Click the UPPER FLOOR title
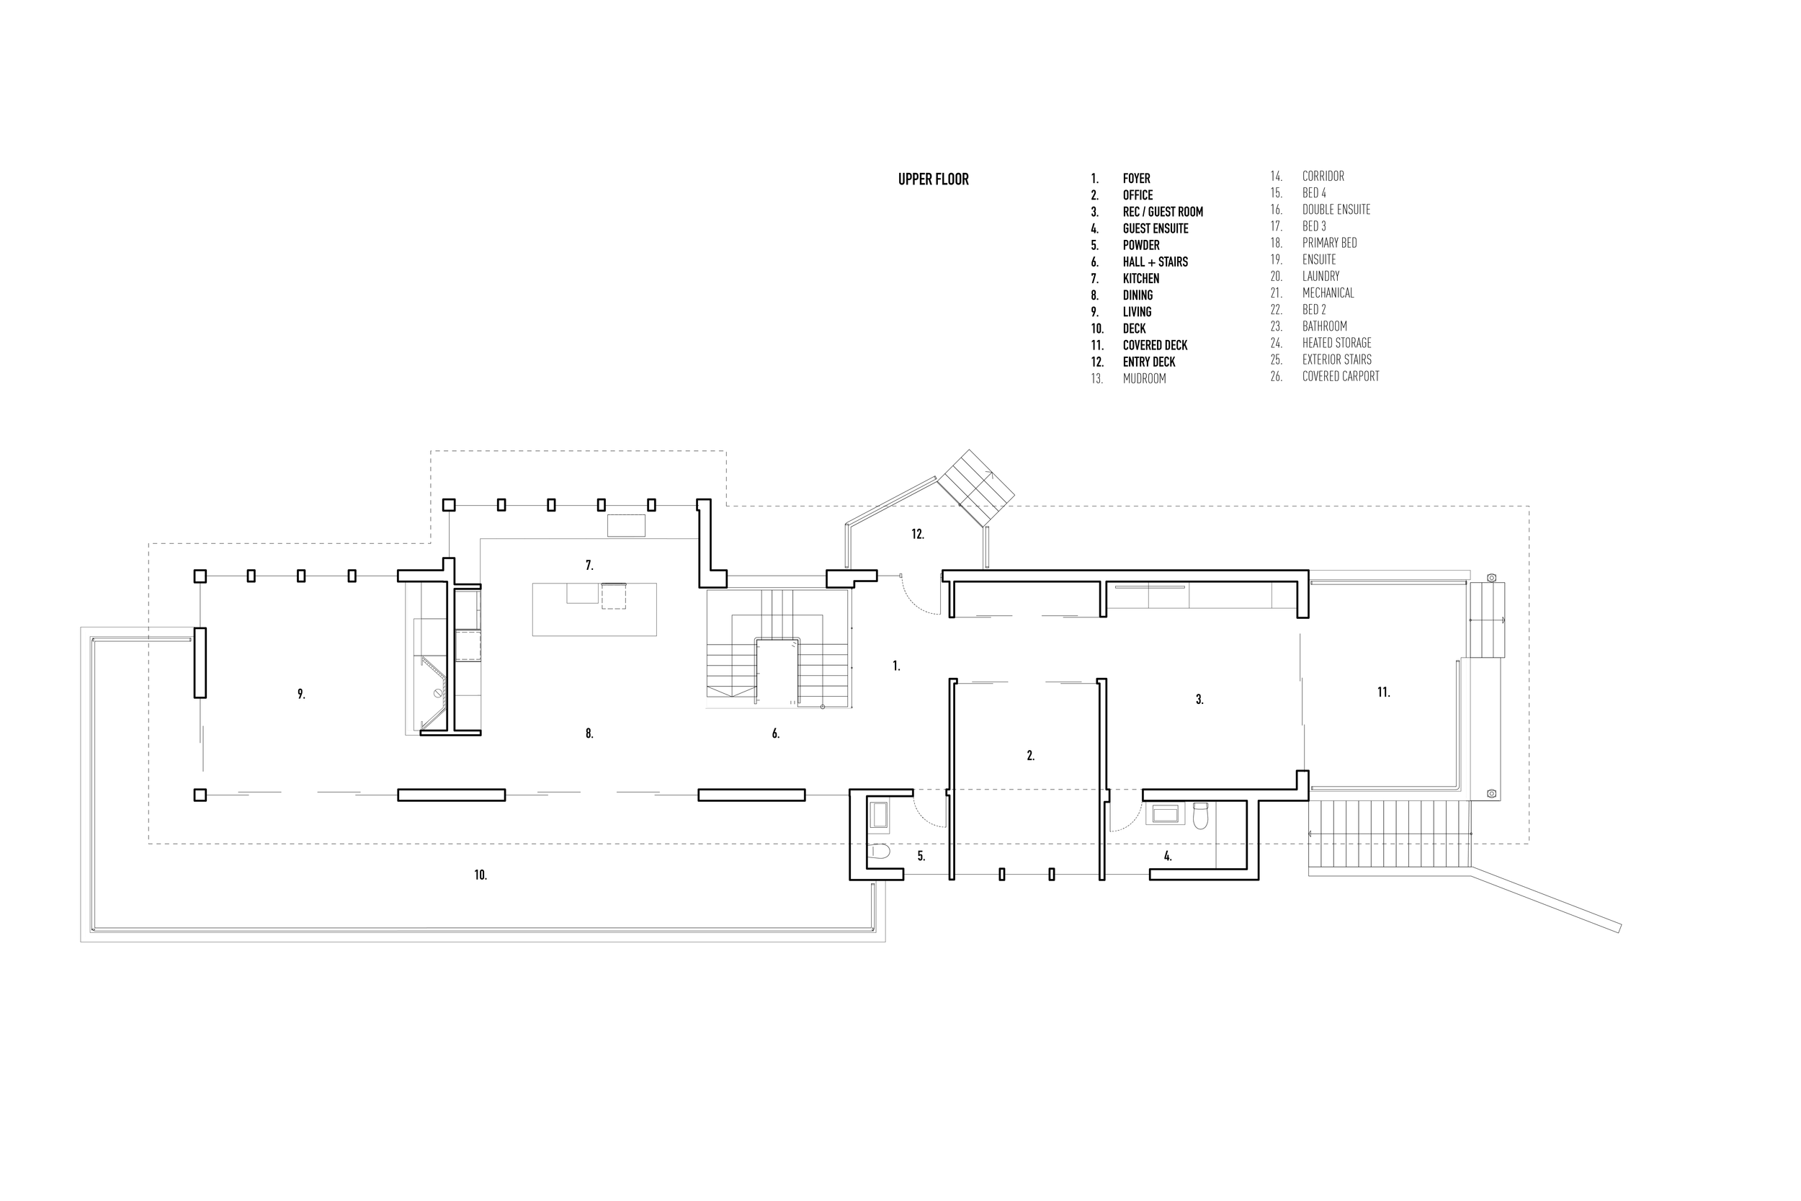coord(933,179)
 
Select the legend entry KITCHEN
coord(1140,279)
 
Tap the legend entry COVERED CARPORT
coord(1340,376)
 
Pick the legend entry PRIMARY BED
coord(1329,243)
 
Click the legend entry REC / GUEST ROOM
coord(1163,212)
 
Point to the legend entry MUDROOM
coord(1144,378)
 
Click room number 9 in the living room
coord(301,694)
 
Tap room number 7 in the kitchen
coord(589,566)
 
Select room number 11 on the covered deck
coord(1383,692)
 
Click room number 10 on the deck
coord(480,875)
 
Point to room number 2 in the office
coord(1030,756)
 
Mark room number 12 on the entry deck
coord(917,535)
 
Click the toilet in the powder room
coord(879,851)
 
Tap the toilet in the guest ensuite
coord(1200,816)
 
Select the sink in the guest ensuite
coord(1165,813)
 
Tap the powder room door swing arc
coord(928,815)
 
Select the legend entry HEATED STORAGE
coord(1336,343)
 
